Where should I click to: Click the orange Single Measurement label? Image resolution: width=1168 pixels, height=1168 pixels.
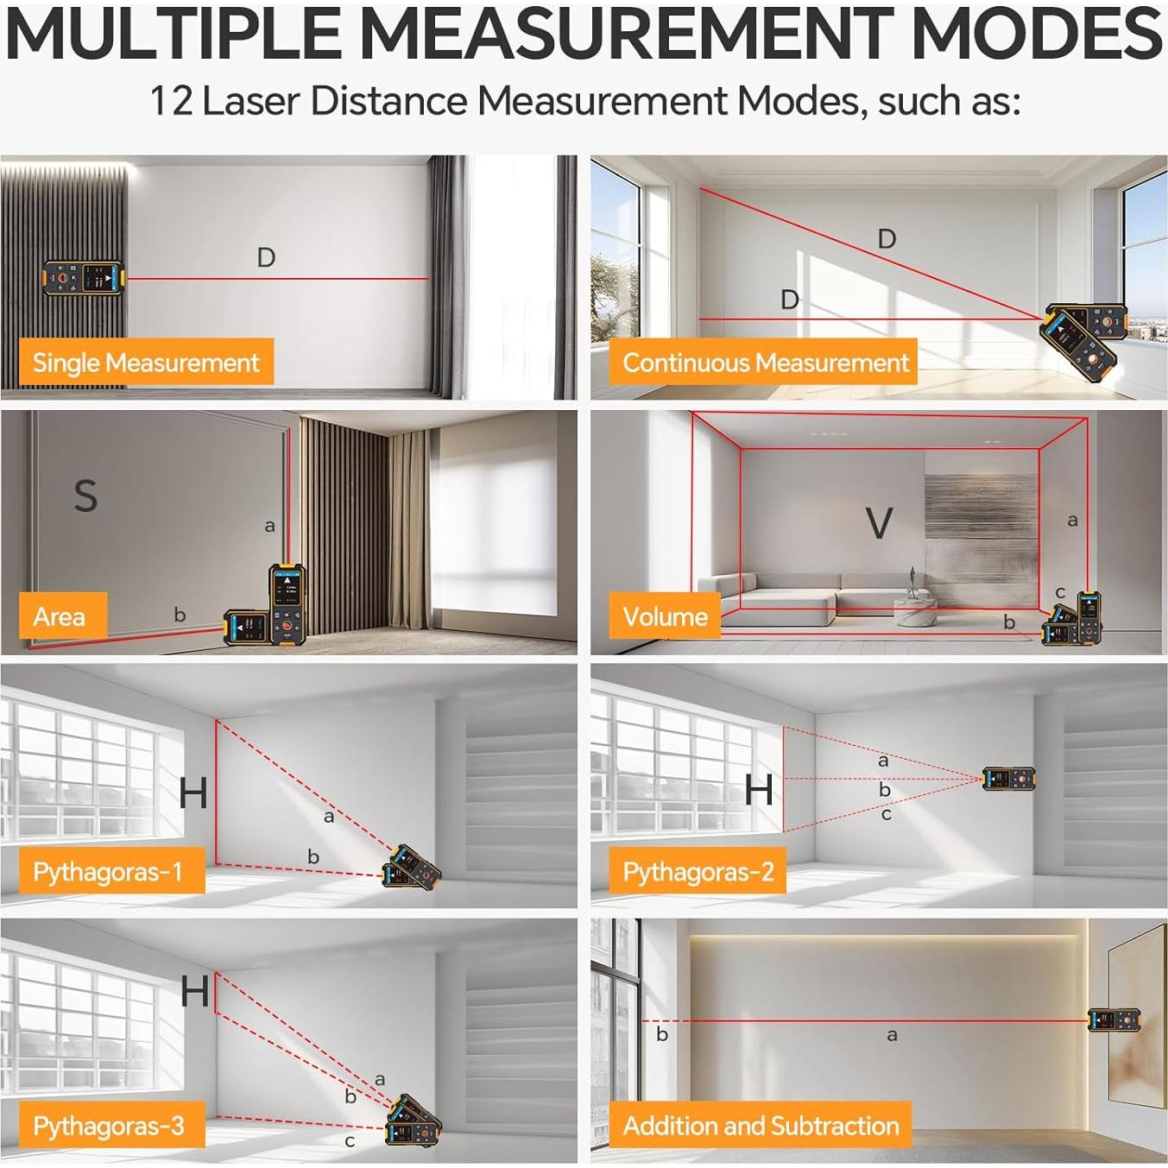[x=146, y=362]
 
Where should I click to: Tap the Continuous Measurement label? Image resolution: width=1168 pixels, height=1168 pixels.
[x=765, y=363]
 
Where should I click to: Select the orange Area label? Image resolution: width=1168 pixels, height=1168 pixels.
[x=59, y=616]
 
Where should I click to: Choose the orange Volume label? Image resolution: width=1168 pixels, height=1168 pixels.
[x=665, y=616]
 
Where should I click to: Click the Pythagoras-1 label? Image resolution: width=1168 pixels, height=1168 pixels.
[x=108, y=871]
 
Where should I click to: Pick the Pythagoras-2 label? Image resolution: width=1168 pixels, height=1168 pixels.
[x=698, y=872]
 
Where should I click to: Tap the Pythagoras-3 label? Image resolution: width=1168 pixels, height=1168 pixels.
[x=109, y=1126]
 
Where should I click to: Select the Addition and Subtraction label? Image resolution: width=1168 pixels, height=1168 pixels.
[x=761, y=1126]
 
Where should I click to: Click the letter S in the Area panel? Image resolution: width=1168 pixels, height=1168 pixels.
[x=85, y=496]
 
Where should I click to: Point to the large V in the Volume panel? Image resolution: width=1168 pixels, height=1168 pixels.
[x=879, y=523]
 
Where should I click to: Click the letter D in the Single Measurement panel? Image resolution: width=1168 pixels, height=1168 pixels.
[x=266, y=257]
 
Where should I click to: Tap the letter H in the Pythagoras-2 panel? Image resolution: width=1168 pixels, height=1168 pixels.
[x=759, y=790]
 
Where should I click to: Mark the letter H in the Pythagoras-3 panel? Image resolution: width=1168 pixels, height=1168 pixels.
[x=195, y=992]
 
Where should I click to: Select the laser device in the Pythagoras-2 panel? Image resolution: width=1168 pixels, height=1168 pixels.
[x=1009, y=780]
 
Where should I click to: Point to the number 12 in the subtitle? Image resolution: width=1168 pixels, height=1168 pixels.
[x=171, y=101]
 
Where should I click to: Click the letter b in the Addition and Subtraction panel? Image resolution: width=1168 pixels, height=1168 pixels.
[x=662, y=1034]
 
